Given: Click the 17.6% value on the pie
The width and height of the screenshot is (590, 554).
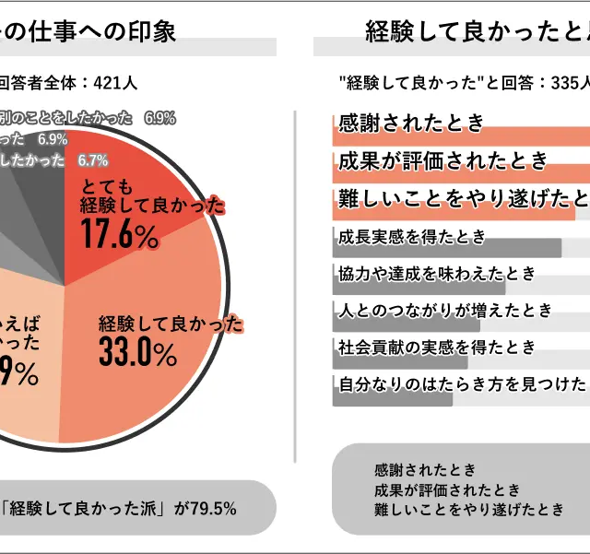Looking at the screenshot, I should [120, 235].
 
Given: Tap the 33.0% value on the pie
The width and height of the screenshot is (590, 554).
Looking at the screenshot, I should [137, 353].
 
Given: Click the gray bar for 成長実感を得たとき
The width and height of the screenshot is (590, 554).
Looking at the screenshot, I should [446, 248].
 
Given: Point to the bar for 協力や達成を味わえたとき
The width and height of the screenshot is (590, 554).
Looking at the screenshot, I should [419, 286].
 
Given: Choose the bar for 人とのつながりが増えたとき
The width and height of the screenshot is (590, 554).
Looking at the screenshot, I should [406, 324].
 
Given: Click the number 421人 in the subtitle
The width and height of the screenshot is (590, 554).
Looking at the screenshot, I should [115, 83].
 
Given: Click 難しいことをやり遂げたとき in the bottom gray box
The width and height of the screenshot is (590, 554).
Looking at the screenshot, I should [468, 510].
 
